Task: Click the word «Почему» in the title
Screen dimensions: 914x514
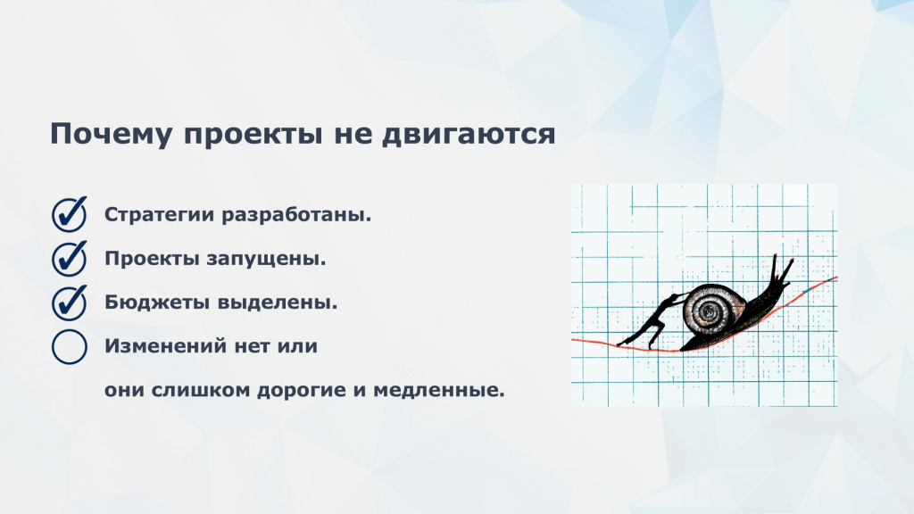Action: point(111,134)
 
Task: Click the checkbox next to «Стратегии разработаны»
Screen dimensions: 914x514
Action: point(70,214)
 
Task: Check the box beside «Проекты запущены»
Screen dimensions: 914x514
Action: point(70,258)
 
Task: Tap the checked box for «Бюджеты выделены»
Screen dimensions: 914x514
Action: point(70,303)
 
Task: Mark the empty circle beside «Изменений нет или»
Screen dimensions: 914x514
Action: point(70,347)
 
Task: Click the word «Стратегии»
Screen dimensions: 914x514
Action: point(160,215)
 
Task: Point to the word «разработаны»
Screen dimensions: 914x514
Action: point(296,215)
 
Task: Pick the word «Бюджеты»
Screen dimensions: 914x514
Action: point(157,303)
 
